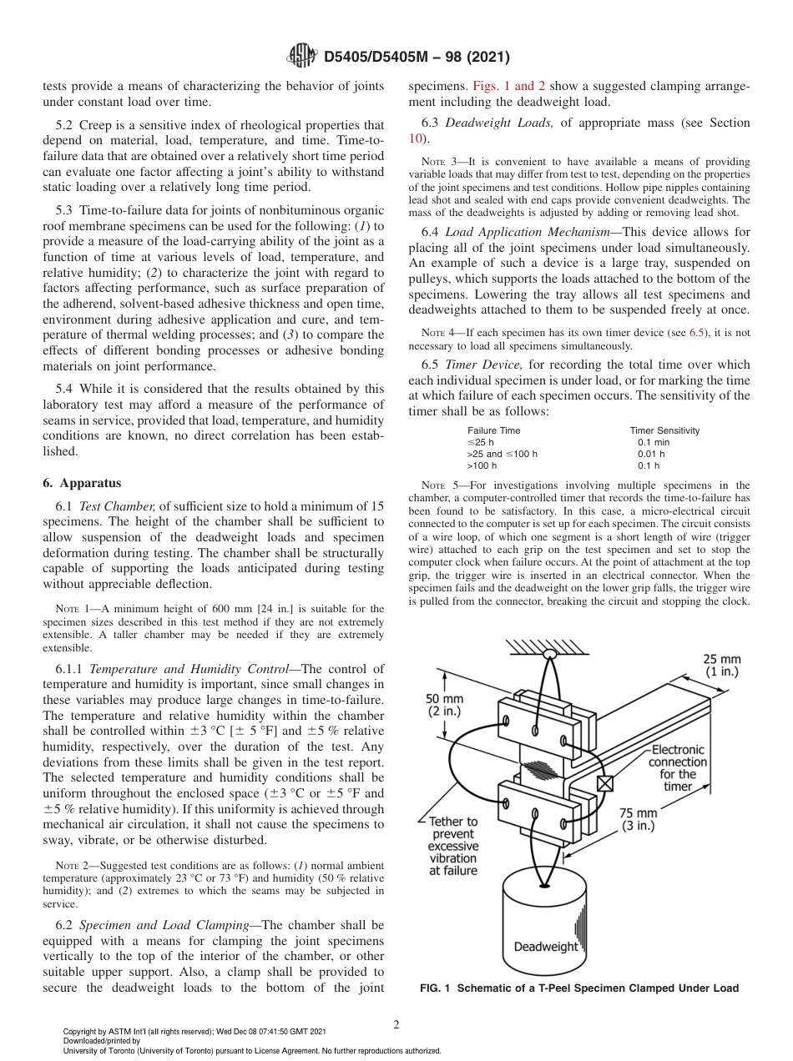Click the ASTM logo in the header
tap(301, 56)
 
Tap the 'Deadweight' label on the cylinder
tap(545, 947)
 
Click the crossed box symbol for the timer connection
tap(605, 783)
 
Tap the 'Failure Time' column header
tap(493, 430)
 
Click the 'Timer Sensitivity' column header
tap(664, 430)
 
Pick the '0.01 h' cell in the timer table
tap(651, 454)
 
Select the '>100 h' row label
tap(482, 465)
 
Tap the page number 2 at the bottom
tap(396, 1025)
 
